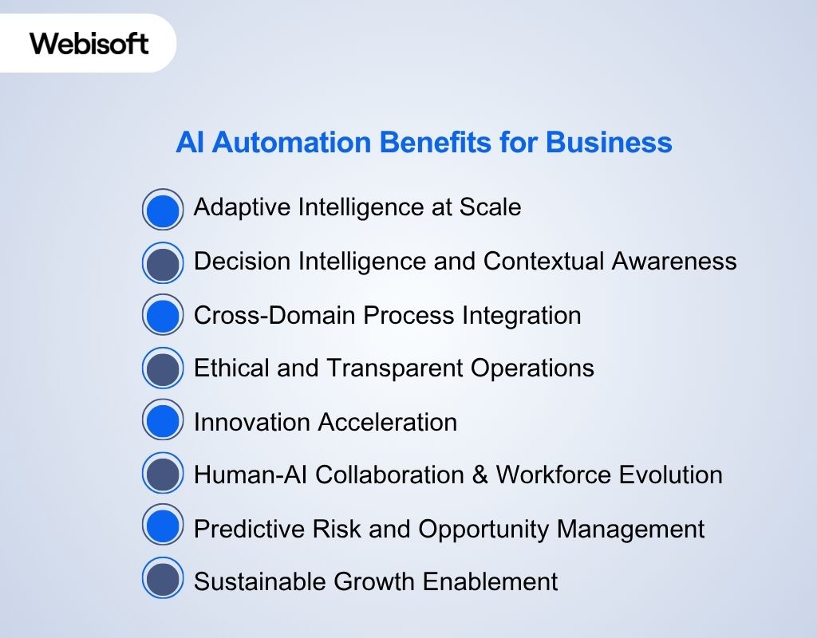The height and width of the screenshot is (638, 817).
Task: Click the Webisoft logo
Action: coord(89,42)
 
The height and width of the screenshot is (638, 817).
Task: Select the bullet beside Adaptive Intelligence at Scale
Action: coord(163,210)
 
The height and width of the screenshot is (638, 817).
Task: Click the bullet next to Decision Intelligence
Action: coord(163,263)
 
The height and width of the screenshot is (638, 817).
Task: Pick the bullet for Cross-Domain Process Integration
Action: coord(163,315)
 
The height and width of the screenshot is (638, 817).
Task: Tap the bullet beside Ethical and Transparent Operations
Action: coord(163,368)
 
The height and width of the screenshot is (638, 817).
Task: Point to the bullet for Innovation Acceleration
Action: coord(163,421)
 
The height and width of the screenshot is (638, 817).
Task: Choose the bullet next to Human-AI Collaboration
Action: coord(163,475)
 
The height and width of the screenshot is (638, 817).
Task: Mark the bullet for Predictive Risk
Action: coord(163,527)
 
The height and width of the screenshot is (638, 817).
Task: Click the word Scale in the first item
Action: coord(490,207)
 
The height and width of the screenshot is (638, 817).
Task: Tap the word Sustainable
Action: coord(258,581)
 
